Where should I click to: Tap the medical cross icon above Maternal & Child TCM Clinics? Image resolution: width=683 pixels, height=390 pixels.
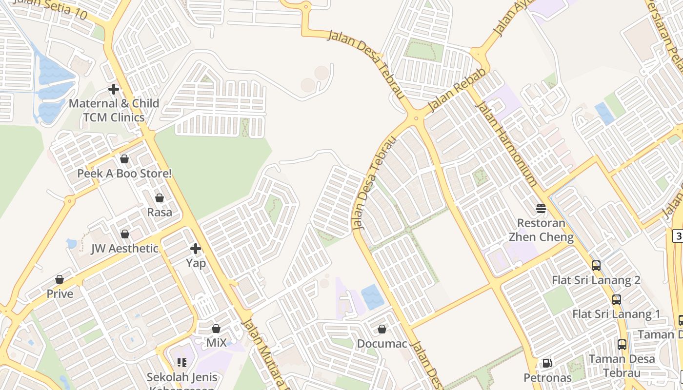(114, 89)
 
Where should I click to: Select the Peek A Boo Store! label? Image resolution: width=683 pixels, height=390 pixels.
(124, 174)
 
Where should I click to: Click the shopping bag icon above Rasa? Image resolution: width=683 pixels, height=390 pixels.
(160, 198)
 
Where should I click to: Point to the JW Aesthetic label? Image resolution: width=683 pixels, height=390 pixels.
(125, 249)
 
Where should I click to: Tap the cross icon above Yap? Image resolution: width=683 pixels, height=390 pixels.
(196, 249)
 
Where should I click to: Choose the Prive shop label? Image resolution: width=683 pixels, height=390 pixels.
(60, 294)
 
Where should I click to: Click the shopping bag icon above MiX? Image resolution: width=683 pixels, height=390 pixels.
(216, 329)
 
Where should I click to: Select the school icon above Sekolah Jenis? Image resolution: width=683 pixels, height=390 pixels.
(182, 363)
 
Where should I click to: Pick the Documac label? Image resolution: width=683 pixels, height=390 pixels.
(382, 344)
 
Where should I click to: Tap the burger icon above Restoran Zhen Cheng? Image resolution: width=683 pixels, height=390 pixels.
(541, 209)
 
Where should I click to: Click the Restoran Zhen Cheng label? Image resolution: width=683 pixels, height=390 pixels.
(541, 230)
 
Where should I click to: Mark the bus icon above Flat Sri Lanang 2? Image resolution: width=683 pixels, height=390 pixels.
(596, 266)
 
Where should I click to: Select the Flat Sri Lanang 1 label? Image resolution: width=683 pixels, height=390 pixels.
(616, 314)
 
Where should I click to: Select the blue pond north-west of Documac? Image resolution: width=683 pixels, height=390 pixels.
(373, 297)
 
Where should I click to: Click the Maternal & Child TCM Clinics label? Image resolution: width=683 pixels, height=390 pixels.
(114, 110)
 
